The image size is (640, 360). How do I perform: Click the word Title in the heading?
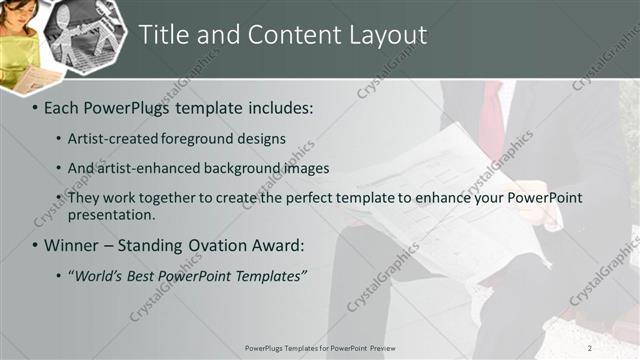(165, 35)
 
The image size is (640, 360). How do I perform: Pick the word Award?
(275, 245)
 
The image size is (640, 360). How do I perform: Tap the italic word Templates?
(269, 275)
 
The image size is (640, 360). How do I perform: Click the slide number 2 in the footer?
(591, 348)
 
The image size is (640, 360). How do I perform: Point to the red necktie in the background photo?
(491, 120)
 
